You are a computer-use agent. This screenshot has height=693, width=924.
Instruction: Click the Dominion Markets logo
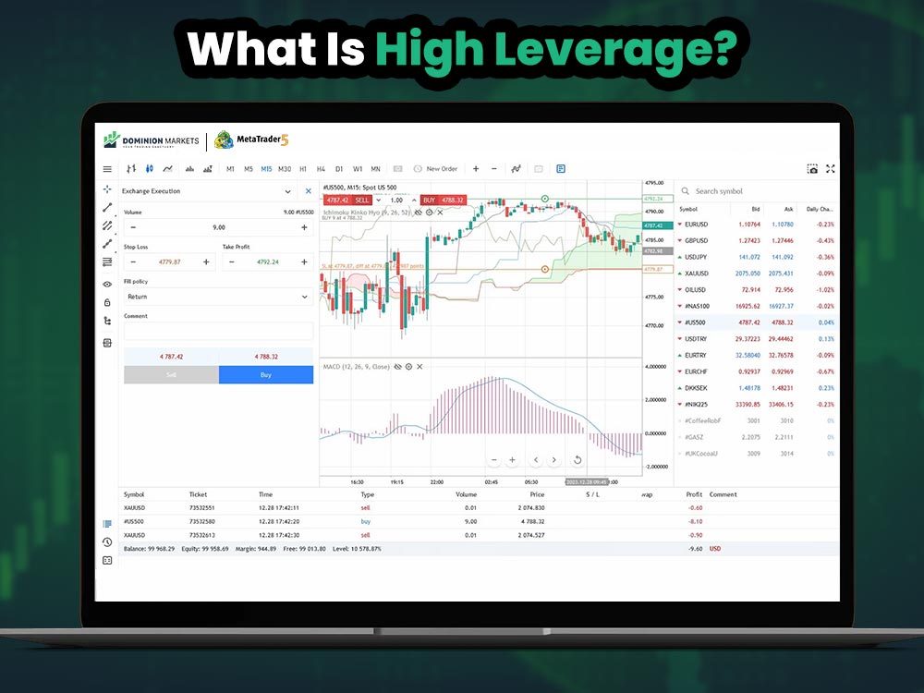point(152,140)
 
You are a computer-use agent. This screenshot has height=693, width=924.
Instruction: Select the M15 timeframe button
point(266,169)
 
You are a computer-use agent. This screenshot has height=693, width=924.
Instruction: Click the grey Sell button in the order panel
point(171,375)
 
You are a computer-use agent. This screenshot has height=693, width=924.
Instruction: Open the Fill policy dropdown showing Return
point(218,297)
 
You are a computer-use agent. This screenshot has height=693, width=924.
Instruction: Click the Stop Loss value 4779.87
point(169,262)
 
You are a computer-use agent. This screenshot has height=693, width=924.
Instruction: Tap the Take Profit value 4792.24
point(267,262)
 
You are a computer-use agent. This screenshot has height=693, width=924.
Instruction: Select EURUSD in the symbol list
point(696,225)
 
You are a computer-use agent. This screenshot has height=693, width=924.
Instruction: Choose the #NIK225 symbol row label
point(697,405)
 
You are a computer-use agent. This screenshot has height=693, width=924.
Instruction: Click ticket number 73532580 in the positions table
point(201,521)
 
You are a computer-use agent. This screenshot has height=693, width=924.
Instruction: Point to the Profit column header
point(694,494)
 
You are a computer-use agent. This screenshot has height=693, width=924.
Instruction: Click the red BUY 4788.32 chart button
point(444,200)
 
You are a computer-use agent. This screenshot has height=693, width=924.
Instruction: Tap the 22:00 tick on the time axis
point(436,481)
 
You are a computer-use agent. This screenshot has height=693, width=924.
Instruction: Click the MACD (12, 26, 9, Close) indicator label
point(357,367)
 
